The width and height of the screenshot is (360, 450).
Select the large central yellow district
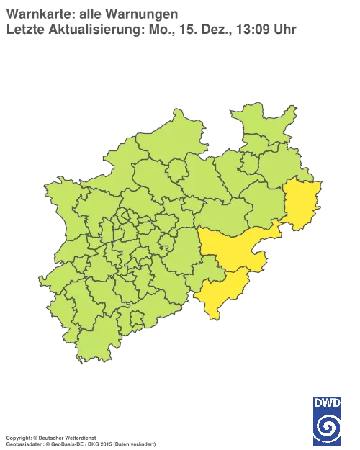[x=230, y=248]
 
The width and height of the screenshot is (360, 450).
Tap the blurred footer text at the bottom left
[x=79, y=437]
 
